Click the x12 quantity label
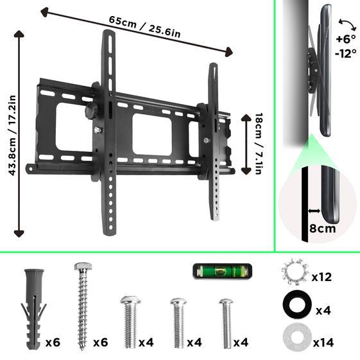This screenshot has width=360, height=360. pyautogui.click(x=323, y=277)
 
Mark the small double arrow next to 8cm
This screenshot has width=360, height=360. pyautogui.click(x=313, y=210)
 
